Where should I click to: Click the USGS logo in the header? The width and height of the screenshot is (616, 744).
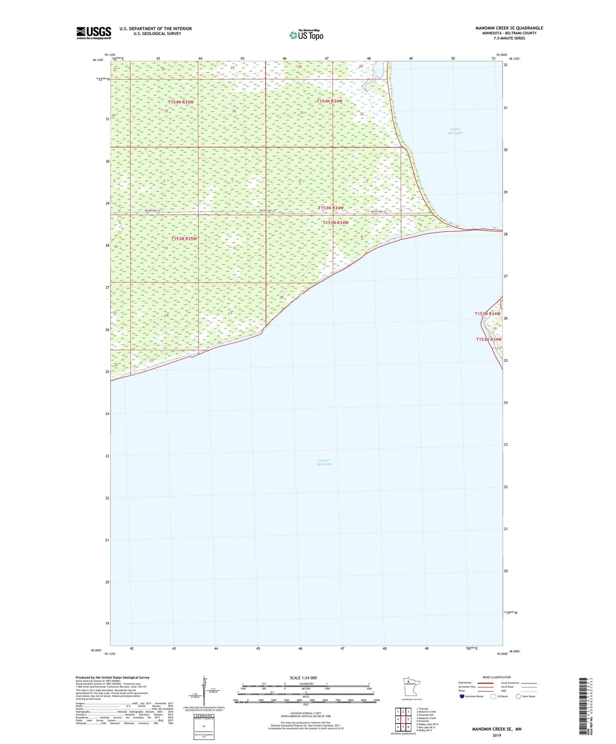[94, 32]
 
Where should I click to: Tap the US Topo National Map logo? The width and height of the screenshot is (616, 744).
[307, 35]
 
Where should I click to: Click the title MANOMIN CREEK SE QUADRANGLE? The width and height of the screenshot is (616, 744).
[509, 28]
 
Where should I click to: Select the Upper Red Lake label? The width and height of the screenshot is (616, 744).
[455, 131]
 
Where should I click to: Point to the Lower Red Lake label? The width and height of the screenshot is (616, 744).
[324, 462]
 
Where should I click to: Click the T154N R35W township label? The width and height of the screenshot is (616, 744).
[181, 102]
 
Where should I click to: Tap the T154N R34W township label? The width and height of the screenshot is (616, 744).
[330, 101]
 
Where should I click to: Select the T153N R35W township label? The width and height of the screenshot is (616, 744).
[184, 239]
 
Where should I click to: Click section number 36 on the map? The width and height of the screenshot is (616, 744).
[234, 111]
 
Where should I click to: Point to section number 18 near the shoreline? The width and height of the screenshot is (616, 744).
[281, 297]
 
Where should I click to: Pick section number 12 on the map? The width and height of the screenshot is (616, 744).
[234, 248]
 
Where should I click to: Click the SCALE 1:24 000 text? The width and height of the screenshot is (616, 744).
[303, 678]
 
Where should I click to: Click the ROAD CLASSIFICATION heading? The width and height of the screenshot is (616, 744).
[497, 677]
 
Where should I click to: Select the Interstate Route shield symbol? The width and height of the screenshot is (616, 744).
[462, 696]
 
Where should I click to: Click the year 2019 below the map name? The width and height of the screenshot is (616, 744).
[497, 735]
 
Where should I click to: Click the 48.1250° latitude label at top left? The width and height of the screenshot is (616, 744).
[98, 60]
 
